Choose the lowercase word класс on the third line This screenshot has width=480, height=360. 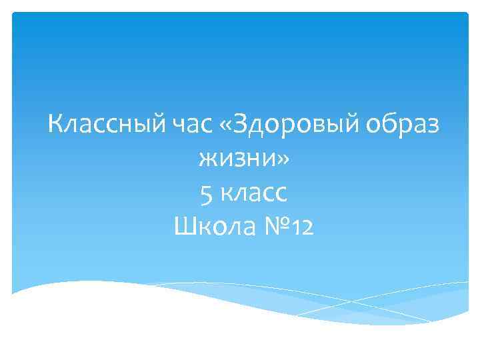(253, 194)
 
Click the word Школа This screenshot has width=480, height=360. (213, 228)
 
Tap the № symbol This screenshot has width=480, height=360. (274, 228)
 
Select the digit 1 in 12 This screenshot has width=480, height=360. (295, 229)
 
